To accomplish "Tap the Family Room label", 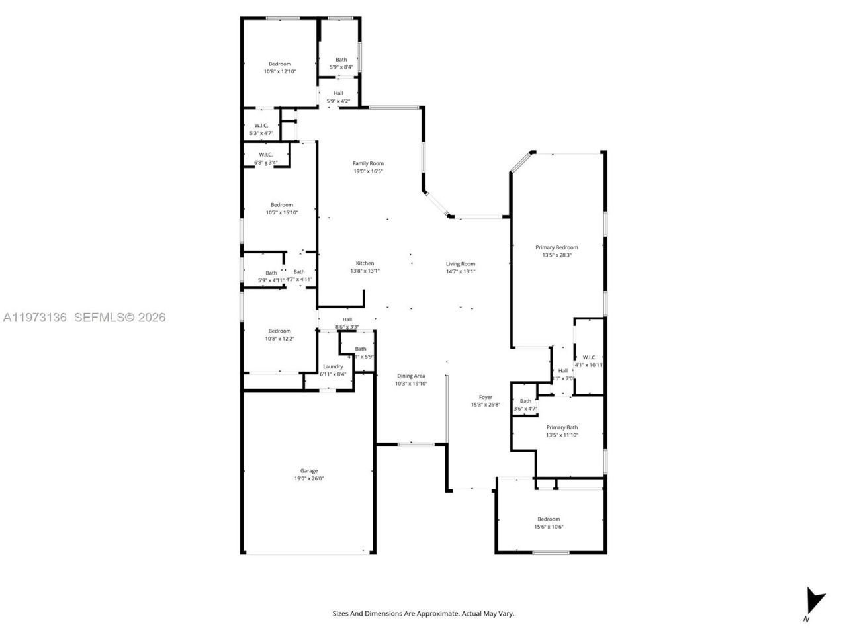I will click(x=368, y=163).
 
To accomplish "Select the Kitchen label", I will click(x=365, y=263).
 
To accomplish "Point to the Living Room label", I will click(x=461, y=263).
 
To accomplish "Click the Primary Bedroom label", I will click(x=557, y=247).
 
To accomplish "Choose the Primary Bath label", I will click(x=562, y=427).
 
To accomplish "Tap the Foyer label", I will click(x=486, y=397).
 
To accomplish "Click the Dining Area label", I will click(x=410, y=376).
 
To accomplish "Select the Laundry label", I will click(x=333, y=366).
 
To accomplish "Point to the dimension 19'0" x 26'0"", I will click(x=309, y=478).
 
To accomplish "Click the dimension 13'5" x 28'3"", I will click(x=557, y=255).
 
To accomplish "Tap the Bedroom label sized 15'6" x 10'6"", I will click(x=549, y=519).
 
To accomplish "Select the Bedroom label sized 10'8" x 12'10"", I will click(x=279, y=64).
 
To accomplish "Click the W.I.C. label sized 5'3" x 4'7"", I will click(x=261, y=126).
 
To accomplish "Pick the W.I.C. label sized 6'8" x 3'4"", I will click(x=266, y=155).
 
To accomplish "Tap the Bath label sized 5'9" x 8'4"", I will click(x=341, y=60).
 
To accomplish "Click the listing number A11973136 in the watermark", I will click(x=35, y=317).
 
